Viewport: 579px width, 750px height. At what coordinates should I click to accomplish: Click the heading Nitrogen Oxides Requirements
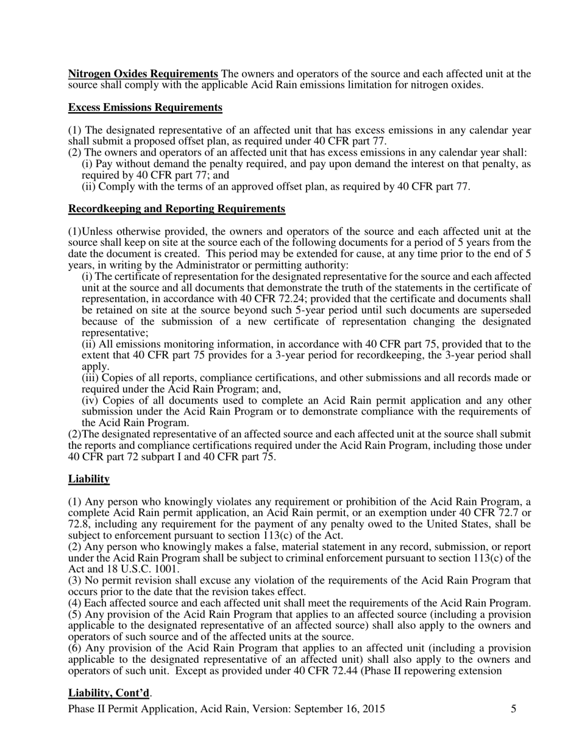pos(143,74)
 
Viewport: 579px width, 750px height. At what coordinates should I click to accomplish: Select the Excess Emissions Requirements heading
pos(145,107)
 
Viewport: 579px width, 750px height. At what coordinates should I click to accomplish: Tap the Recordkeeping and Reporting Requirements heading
pos(177,209)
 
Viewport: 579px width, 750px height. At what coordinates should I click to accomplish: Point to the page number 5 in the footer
pos(513,709)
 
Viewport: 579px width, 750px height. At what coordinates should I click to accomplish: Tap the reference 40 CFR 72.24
pos(267,299)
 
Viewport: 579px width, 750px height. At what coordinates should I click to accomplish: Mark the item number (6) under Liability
pos(75,648)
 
